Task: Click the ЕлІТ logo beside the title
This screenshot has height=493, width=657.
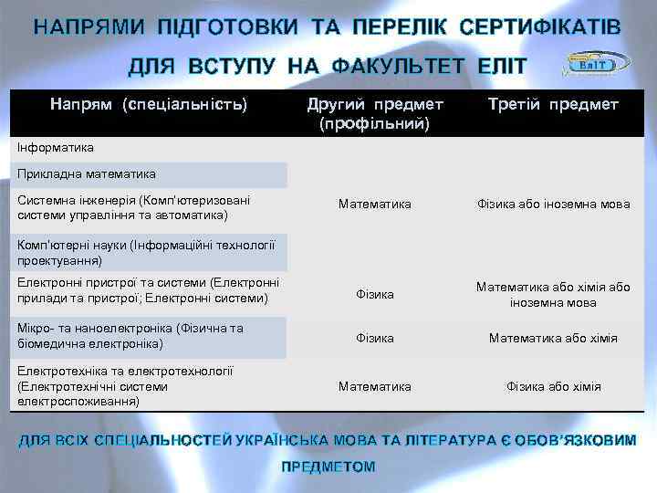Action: [x=596, y=63]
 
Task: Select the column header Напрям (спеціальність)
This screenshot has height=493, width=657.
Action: [x=148, y=105]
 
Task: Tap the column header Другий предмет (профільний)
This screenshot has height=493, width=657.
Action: [x=375, y=113]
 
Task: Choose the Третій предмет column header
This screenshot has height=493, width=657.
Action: [x=553, y=105]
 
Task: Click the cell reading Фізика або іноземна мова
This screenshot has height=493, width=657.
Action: [x=553, y=204]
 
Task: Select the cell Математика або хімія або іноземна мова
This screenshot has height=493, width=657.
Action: [x=553, y=294]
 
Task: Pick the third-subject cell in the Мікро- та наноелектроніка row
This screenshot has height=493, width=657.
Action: [x=553, y=338]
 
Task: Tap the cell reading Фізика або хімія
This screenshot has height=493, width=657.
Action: [x=553, y=386]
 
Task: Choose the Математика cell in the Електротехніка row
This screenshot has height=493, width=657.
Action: [x=375, y=386]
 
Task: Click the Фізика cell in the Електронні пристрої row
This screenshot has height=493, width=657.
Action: [x=375, y=294]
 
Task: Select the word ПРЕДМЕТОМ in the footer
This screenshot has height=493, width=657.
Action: [x=328, y=467]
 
